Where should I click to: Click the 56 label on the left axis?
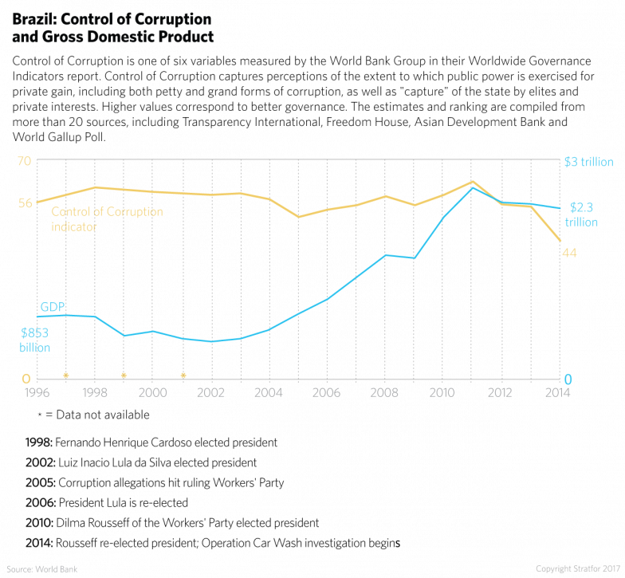(24, 203)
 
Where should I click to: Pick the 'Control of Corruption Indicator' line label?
(106, 219)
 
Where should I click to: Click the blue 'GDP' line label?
(53, 307)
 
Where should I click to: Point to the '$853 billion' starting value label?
(35, 340)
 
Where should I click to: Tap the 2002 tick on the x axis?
(210, 393)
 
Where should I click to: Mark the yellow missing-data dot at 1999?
(124, 375)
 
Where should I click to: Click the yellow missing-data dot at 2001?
(183, 375)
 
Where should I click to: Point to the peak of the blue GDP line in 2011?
(471, 187)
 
